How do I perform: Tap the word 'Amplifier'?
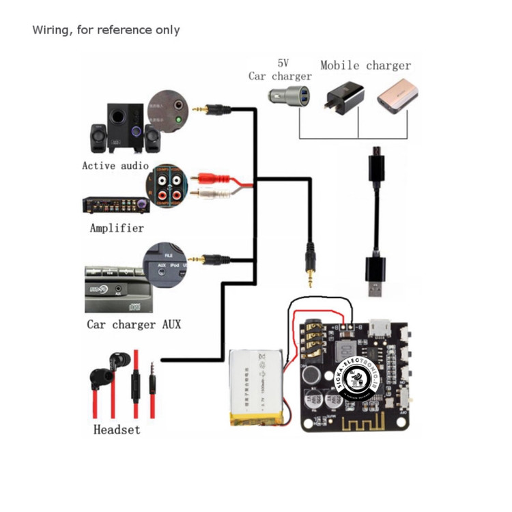tap(117, 227)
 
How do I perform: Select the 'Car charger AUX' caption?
tap(134, 324)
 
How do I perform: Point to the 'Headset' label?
tap(117, 429)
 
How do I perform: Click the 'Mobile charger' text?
tap(366, 66)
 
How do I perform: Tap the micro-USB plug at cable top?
tap(375, 166)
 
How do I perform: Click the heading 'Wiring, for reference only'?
tap(106, 30)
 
